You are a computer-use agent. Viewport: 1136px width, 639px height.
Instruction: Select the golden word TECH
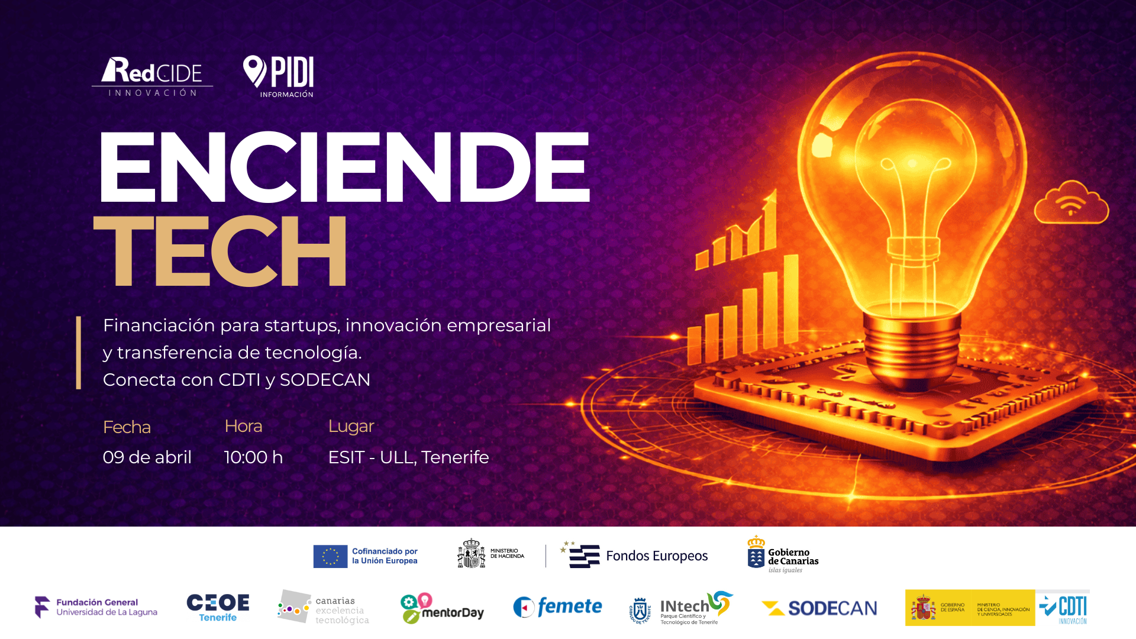tap(220, 251)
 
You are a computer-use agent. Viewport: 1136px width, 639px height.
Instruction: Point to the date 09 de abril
tap(147, 457)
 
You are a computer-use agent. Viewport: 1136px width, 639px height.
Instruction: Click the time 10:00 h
tap(253, 457)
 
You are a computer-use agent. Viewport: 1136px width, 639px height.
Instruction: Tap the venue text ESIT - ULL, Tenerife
tap(408, 457)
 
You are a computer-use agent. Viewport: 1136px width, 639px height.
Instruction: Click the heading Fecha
tap(127, 427)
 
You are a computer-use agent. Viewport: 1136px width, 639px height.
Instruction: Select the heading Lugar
tap(351, 426)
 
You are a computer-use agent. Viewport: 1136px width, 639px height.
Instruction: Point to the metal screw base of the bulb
tap(911, 349)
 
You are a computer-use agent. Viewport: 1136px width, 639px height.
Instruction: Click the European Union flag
tap(330, 556)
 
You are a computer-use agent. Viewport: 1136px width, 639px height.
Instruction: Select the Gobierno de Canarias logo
tap(783, 555)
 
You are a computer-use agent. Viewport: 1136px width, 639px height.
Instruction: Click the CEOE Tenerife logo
tap(218, 608)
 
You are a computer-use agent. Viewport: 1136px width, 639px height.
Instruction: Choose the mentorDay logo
tap(442, 608)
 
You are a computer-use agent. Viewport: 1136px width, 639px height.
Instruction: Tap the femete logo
tap(557, 607)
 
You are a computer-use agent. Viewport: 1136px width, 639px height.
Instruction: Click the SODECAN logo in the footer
tap(819, 608)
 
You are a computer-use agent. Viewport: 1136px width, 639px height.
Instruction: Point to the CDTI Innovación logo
tap(1064, 609)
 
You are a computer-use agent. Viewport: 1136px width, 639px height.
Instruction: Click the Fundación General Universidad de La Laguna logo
tap(96, 607)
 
